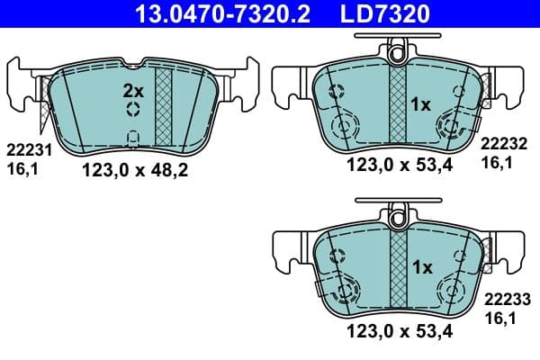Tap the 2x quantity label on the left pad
[x=133, y=91]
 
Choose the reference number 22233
[x=504, y=301]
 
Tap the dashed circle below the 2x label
[x=133, y=110]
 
